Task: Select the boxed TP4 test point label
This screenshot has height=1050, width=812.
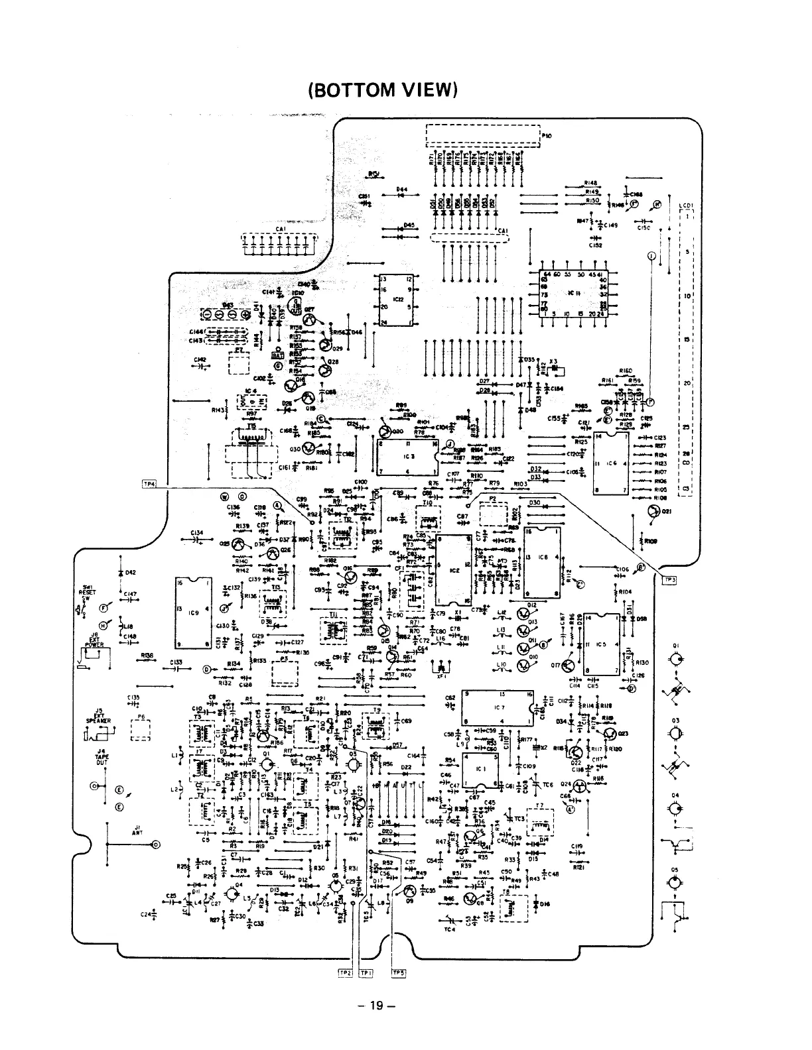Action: click(x=149, y=485)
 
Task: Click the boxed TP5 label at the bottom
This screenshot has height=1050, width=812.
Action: click(x=398, y=973)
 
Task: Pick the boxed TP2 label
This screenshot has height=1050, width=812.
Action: click(x=345, y=973)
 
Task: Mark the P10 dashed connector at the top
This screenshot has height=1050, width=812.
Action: click(x=482, y=135)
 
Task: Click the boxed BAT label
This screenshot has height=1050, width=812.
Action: click(x=278, y=354)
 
